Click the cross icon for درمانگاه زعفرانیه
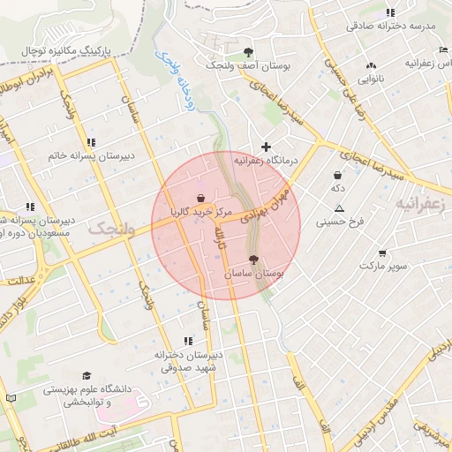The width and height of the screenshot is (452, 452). (266, 146)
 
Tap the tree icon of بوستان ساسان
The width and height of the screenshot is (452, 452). (254, 260)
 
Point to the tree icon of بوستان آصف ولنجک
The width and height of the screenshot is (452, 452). (248, 51)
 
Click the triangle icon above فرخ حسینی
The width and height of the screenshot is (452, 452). (339, 208)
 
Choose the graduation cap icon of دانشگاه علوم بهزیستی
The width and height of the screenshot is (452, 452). (86, 375)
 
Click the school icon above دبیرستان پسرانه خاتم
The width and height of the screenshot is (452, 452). (91, 142)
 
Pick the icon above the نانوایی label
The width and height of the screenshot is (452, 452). (371, 64)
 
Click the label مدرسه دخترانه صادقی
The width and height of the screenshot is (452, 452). (391, 26)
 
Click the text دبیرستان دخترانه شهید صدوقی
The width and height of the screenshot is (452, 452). (188, 360)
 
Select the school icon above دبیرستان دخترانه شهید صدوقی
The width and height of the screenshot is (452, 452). (187, 340)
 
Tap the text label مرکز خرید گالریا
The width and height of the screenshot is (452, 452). (202, 213)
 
